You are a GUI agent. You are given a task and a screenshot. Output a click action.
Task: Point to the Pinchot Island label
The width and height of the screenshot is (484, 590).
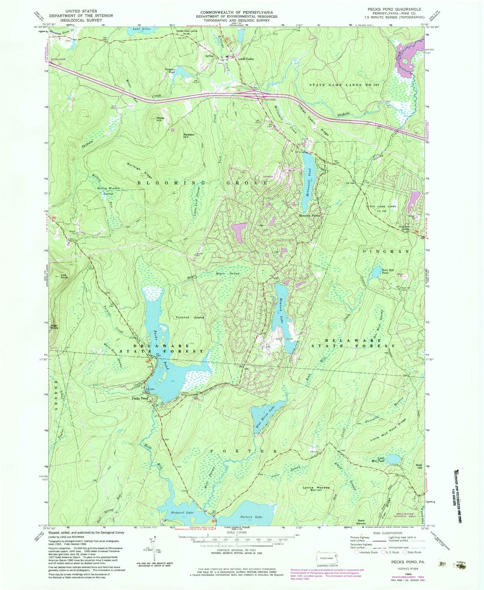tap(190, 317)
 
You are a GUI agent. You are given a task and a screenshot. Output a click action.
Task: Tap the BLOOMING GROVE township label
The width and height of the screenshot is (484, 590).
tap(203, 183)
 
